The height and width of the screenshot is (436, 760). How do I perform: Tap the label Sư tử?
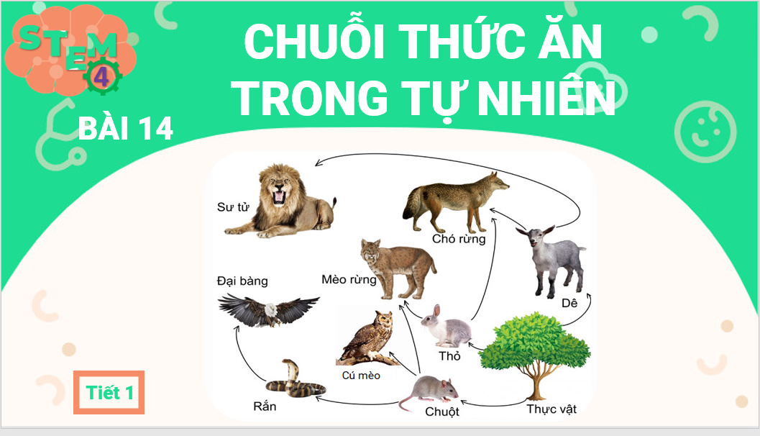pos(233,208)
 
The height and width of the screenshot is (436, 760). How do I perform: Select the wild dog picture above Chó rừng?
pos(454,201)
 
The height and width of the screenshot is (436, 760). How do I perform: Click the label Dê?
pos(569,304)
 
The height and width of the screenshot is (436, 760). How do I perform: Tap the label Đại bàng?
pos(242,281)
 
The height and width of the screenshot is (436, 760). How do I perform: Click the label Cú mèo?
pos(361,375)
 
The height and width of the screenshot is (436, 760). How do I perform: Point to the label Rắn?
pos(265,407)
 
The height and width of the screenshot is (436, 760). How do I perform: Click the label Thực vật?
pos(551,409)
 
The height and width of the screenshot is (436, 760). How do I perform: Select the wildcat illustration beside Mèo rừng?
pos(398,268)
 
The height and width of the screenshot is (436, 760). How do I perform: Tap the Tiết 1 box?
pos(109,392)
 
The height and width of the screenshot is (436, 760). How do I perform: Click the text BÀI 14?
pos(126,129)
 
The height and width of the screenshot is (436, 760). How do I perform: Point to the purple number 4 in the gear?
pos(101,77)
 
